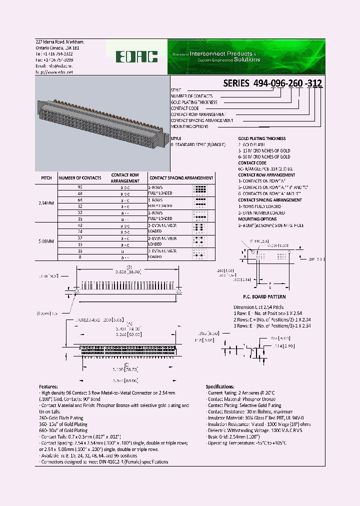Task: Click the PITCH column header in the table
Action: coord(46,177)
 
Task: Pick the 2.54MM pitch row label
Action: coord(46,202)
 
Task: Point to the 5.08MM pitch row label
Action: coord(46,241)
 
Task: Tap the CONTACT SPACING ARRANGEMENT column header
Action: coord(181,177)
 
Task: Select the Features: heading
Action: coord(51,387)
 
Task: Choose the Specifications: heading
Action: coord(219,387)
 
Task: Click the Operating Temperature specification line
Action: coord(255,442)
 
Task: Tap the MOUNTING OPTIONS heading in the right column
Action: coord(257,219)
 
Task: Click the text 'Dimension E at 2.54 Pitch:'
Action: coord(259,307)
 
